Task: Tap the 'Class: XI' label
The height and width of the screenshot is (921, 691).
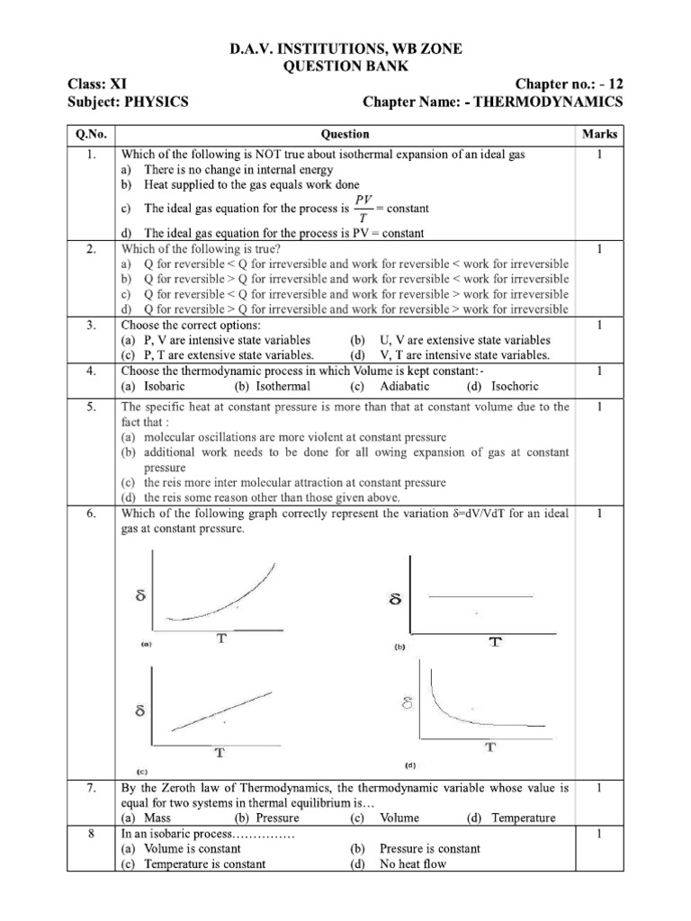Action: click(98, 84)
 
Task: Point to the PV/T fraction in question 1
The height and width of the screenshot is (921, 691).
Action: click(363, 209)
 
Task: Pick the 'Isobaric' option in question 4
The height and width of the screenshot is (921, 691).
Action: click(161, 386)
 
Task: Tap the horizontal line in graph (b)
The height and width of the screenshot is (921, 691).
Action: click(480, 596)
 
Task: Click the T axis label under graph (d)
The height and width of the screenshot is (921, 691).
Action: click(490, 747)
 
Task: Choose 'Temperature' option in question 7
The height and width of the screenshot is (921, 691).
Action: click(524, 818)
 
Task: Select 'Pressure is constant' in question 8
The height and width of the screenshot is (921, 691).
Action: click(430, 848)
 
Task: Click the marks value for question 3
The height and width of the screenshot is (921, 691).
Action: click(599, 326)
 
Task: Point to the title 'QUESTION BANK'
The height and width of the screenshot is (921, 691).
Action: click(345, 67)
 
